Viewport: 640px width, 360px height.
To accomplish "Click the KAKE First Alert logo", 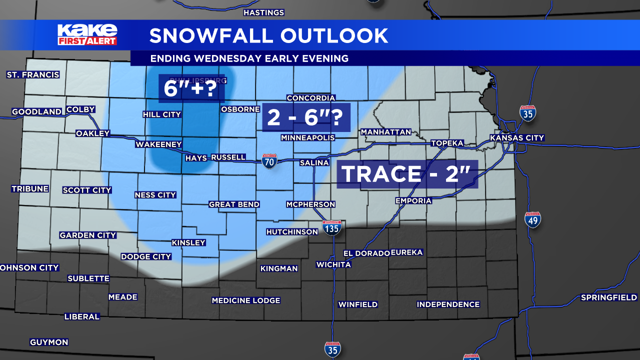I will pyautogui.click(x=87, y=34).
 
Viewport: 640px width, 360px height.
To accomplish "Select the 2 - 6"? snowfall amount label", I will pyautogui.click(x=306, y=117).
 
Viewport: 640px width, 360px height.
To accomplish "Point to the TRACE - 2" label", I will pyautogui.click(x=407, y=174).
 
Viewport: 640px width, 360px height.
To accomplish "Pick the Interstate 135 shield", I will pyautogui.click(x=332, y=227).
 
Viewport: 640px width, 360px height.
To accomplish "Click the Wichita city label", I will pyautogui.click(x=333, y=264).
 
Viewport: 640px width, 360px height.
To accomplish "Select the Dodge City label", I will pyautogui.click(x=146, y=256).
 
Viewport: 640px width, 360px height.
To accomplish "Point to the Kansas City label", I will pyautogui.click(x=516, y=138).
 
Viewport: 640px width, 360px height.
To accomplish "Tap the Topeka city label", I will pyautogui.click(x=447, y=143).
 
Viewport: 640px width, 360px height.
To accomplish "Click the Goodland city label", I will pyautogui.click(x=36, y=112).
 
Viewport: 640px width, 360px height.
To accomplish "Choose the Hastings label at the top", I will pyautogui.click(x=263, y=12).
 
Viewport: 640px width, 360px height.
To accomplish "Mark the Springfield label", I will pyautogui.click(x=608, y=297).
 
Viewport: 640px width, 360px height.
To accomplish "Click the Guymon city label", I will pyautogui.click(x=49, y=342).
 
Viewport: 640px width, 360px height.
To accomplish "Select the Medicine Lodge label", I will pyautogui.click(x=245, y=300).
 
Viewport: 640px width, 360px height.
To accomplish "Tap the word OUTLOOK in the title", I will pyautogui.click(x=334, y=35).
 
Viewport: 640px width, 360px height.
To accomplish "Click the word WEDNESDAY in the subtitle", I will pyautogui.click(x=227, y=58).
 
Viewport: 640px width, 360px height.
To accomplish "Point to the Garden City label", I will pyautogui.click(x=87, y=235).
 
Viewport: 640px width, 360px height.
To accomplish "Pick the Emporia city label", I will pyautogui.click(x=413, y=200).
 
